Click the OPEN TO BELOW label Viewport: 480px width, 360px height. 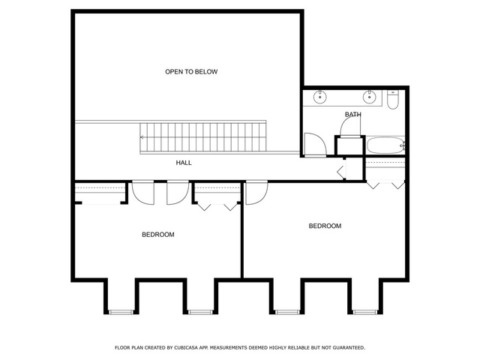[191, 72]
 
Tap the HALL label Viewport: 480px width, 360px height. [184, 163]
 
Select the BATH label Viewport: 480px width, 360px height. [353, 115]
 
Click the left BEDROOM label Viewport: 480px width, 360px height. [158, 235]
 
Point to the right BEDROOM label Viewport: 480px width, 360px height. [325, 226]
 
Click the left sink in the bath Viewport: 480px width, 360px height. [320, 97]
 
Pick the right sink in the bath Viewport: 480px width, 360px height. [370, 97]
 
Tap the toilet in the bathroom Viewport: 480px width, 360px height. [392, 100]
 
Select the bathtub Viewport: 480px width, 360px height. [385, 145]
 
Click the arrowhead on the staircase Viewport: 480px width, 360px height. [142, 137]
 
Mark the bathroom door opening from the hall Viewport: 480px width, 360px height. [316, 145]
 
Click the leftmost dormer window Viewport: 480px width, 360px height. [121, 312]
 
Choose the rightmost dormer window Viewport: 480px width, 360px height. [365, 312]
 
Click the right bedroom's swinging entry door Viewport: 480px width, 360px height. [256, 193]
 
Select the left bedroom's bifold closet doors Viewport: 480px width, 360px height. [217, 207]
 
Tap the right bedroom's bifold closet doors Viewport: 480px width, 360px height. [385, 185]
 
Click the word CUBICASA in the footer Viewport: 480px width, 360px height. [186, 348]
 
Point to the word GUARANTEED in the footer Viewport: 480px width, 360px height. [349, 348]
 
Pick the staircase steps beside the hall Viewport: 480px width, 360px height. [203, 137]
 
